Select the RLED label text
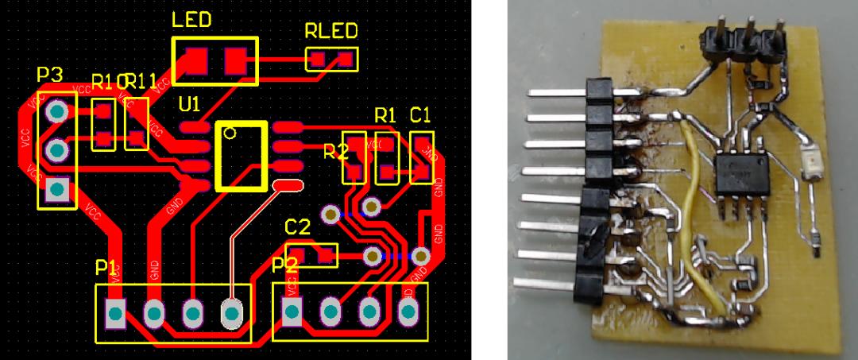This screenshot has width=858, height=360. click(x=330, y=33)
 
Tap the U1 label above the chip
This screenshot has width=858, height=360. click(x=191, y=105)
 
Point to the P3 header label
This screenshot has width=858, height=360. click(x=49, y=75)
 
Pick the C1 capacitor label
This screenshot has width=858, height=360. click(x=420, y=114)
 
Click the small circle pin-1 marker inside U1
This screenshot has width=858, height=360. click(x=229, y=133)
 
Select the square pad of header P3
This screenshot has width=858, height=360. click(x=56, y=189)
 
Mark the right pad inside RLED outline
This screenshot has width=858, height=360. click(x=345, y=58)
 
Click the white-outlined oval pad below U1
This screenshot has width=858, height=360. click(x=286, y=185)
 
